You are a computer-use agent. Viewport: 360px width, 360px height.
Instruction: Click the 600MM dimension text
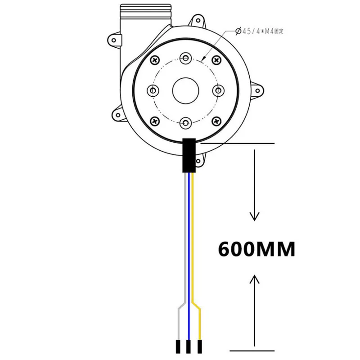(256, 249)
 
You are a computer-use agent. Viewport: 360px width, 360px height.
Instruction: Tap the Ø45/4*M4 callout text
(260, 31)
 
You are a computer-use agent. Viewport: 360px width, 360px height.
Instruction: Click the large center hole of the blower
(185, 90)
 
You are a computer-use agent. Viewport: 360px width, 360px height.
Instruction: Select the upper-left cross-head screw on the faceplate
(155, 60)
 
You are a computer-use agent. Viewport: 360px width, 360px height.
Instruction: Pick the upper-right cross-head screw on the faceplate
(216, 60)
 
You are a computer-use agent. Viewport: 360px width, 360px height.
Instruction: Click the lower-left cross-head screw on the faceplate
(155, 121)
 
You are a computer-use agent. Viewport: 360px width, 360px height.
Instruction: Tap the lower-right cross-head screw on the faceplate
(216, 121)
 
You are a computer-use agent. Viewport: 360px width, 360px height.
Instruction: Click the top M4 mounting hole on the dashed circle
(185, 58)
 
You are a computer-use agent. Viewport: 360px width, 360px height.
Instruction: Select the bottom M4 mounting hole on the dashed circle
(185, 123)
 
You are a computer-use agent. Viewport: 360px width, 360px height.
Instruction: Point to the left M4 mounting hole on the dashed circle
(153, 90)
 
